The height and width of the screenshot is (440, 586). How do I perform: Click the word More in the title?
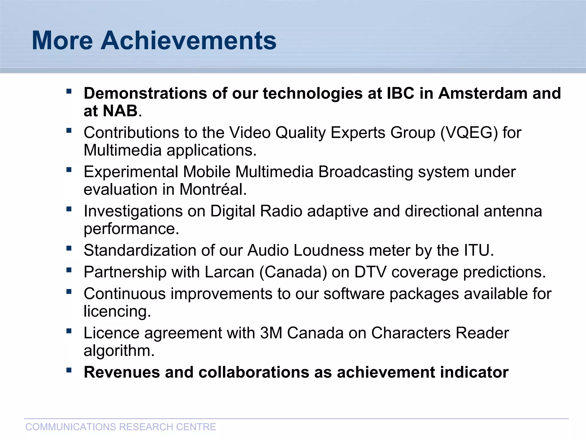(62, 41)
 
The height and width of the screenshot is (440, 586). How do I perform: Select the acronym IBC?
(400, 93)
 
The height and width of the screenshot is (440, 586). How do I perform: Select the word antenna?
(513, 211)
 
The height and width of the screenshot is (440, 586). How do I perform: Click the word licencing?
(117, 311)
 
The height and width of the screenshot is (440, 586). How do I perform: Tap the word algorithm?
(119, 351)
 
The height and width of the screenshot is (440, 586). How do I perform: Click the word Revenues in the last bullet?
(122, 372)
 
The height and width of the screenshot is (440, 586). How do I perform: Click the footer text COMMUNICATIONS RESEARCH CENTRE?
(120, 427)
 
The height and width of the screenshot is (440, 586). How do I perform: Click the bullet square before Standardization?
(69, 248)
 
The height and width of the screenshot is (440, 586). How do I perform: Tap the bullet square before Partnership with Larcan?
(69, 270)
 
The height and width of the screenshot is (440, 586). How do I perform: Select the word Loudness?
(328, 250)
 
